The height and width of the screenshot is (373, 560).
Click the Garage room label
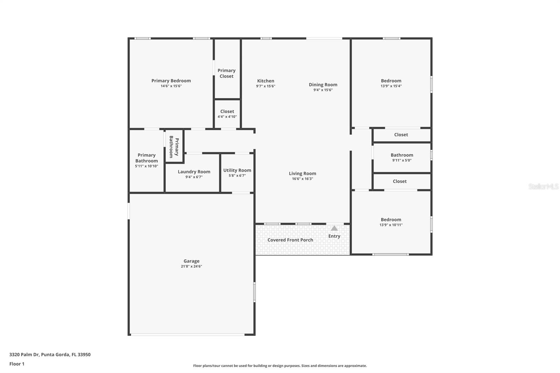pos(191,261)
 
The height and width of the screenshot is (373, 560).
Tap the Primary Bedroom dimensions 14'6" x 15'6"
pos(171,86)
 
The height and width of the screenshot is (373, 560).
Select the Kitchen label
pos(266,81)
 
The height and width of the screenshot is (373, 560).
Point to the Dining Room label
pos(323,85)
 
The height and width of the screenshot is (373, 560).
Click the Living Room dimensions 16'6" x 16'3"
pos(302,179)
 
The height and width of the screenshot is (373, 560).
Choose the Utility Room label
pos(237,170)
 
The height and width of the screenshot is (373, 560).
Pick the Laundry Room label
pos(194,172)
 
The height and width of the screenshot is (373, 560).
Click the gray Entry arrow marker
pos(334,228)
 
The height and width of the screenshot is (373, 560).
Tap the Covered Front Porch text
pos(290,240)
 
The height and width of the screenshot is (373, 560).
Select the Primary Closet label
pos(226,73)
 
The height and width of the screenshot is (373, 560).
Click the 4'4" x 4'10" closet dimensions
pos(227,117)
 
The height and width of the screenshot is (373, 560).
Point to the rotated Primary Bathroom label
pos(174,147)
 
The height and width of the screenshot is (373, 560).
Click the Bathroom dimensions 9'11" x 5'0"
pos(402,161)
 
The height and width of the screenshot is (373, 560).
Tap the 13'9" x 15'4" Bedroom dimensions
pos(391,86)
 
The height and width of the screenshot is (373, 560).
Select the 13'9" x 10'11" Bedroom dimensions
pos(391,225)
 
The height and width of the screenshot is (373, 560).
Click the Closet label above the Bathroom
pos(401,135)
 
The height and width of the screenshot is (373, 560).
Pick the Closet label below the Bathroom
pos(399,182)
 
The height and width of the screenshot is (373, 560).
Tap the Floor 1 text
pos(17,364)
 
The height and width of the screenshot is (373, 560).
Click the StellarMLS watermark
pos(544,186)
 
